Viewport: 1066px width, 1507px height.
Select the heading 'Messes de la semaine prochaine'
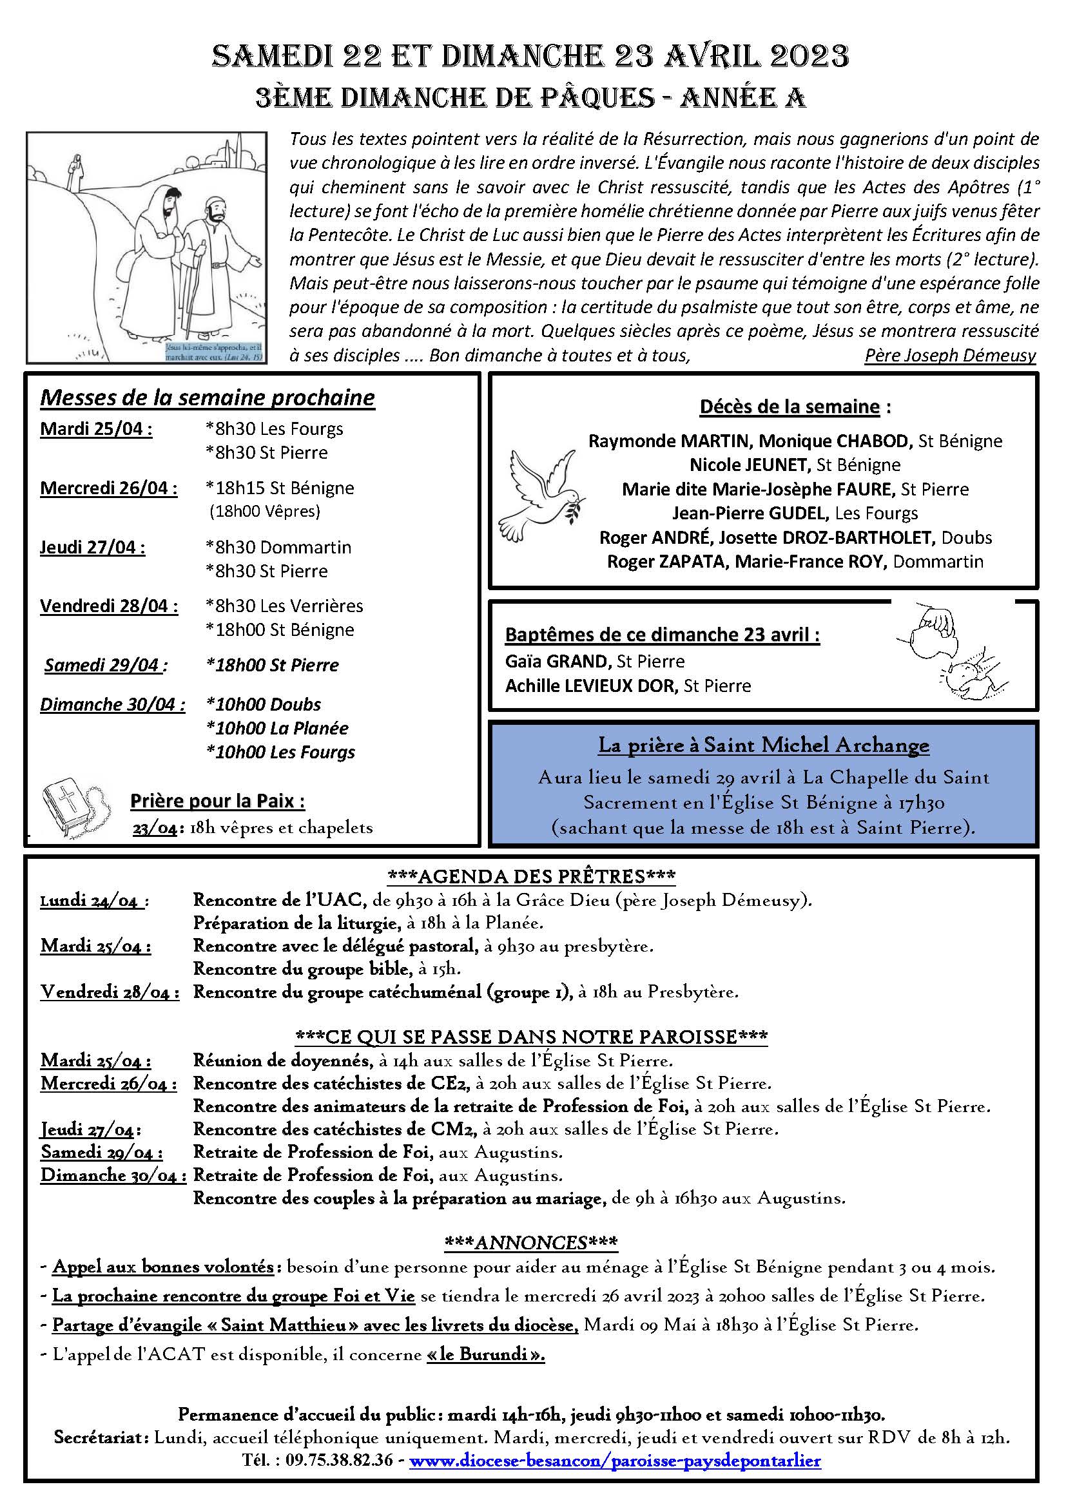(208, 398)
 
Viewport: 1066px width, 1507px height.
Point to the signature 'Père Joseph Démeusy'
(950, 356)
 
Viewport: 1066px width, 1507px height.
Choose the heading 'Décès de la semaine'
(790, 407)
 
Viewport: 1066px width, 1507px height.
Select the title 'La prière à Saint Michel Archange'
(763, 745)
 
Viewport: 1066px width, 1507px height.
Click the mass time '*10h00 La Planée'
(277, 728)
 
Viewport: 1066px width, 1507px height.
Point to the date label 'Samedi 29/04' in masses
(102, 666)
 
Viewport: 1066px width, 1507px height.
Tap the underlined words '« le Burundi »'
(486, 1354)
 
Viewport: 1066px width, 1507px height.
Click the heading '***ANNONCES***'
(531, 1242)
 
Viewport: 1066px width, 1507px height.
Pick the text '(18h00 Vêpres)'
(264, 512)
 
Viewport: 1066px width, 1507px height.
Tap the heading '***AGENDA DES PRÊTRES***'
(532, 876)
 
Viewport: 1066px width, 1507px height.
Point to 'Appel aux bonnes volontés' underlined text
(163, 1267)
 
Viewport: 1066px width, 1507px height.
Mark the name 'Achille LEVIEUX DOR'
(590, 686)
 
